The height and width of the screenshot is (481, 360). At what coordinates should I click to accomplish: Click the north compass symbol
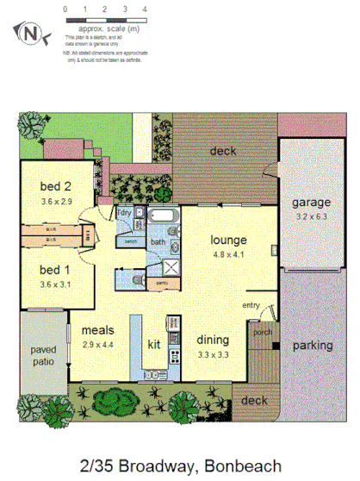pos(32,33)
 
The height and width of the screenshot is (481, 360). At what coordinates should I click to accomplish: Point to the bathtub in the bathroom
pos(162,216)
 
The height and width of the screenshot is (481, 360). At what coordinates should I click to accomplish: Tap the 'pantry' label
pos(162,282)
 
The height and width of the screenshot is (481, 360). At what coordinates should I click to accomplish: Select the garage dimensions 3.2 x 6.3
pos(310,218)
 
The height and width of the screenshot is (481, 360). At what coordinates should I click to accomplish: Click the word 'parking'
pos(311,346)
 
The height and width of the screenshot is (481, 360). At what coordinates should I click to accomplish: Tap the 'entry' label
pos(251,305)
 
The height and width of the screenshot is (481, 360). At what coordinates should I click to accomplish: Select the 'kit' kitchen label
pos(153,344)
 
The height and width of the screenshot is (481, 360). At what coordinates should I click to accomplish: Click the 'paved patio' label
pos(43,355)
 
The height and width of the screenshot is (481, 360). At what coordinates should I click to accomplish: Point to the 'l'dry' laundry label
pos(124,211)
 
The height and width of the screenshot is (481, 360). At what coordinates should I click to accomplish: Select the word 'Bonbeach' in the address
pos(242,466)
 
